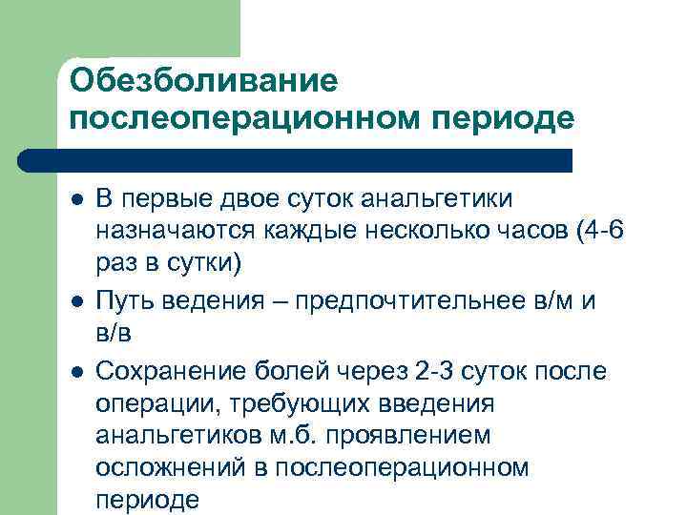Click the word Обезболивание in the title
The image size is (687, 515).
point(204,80)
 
